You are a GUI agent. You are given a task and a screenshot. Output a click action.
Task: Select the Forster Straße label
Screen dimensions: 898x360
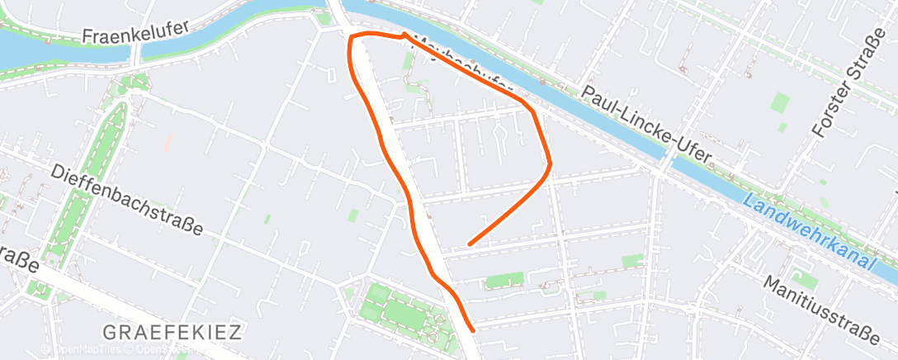click(839, 90)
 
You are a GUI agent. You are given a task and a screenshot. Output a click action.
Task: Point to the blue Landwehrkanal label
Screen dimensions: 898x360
click(808, 230)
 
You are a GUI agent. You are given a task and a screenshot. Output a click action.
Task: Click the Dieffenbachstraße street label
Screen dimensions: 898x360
click(125, 199)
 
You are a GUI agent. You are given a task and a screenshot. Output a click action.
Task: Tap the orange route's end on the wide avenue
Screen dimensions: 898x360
click(472, 330)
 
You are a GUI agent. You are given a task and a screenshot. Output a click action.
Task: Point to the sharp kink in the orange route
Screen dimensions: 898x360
click(404, 35)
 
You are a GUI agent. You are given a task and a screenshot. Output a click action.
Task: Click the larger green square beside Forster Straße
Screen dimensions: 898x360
click(780, 102)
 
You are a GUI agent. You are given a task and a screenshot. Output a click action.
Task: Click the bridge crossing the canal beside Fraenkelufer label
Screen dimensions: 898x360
click(136, 54)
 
